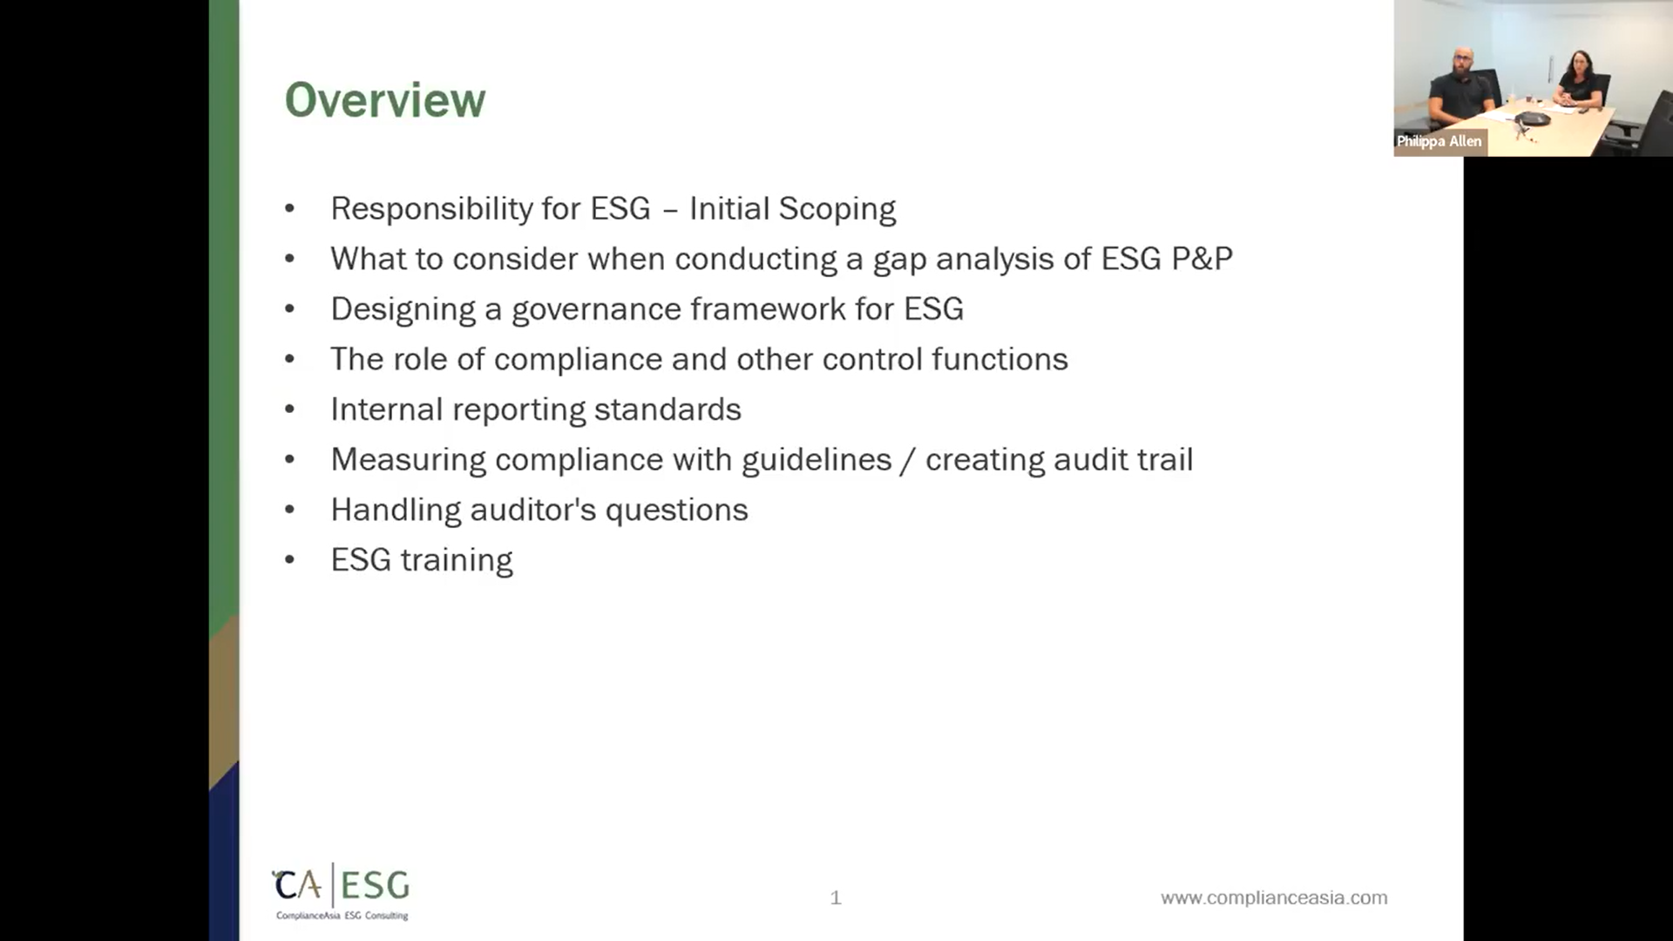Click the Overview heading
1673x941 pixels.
(x=385, y=100)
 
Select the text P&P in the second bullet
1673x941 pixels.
(x=1202, y=259)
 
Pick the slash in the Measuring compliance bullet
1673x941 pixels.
(x=908, y=460)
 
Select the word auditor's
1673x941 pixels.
(x=532, y=511)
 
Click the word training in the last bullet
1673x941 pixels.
(x=457, y=561)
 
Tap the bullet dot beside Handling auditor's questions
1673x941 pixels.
(x=290, y=510)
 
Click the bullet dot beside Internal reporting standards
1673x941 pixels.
(x=290, y=410)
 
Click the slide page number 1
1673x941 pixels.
(x=836, y=897)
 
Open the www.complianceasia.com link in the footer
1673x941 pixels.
(x=1273, y=897)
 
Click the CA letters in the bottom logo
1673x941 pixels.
(x=298, y=886)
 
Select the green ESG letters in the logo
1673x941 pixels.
(x=375, y=886)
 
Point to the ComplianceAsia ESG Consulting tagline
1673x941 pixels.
(x=342, y=916)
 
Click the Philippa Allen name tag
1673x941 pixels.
(x=1439, y=141)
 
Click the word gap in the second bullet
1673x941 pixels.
(x=899, y=260)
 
